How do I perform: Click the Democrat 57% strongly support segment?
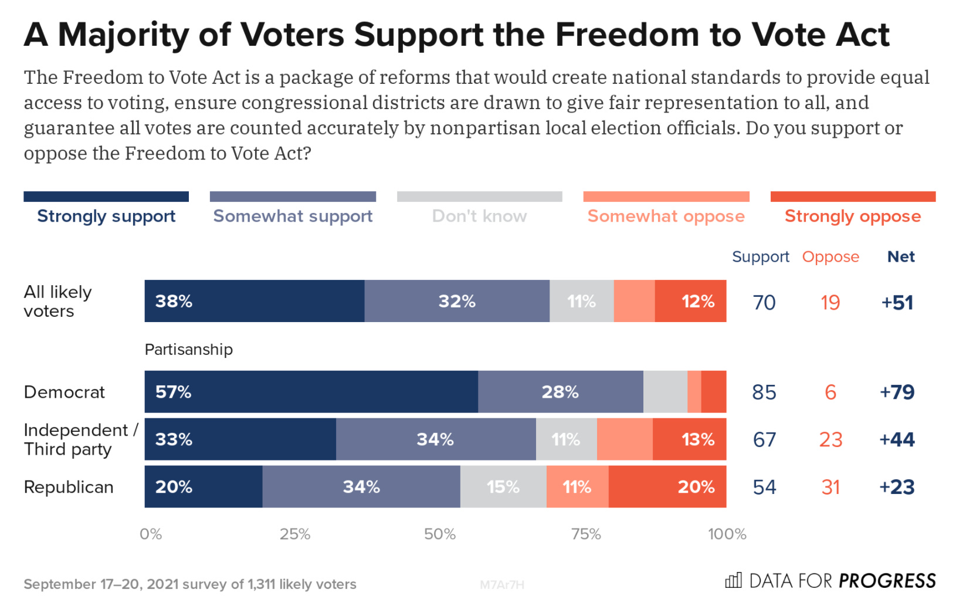[311, 392]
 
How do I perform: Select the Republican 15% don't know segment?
[503, 487]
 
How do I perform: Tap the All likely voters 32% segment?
[457, 302]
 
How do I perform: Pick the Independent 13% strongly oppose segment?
[689, 439]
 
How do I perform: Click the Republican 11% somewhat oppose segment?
[577, 487]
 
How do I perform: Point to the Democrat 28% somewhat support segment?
[560, 392]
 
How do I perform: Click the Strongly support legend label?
[106, 216]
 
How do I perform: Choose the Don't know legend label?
[479, 216]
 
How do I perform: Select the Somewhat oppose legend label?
[666, 216]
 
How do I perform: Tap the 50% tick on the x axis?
[440, 534]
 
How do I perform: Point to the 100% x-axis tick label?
[727, 534]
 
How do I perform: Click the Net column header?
[901, 257]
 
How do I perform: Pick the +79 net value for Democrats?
[897, 392]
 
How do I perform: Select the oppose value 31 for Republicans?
[830, 487]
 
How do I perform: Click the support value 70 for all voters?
[764, 303]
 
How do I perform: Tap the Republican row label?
[69, 487]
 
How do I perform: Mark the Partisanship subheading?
[189, 350]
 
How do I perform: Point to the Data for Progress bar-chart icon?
[733, 581]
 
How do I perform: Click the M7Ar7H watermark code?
[502, 585]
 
